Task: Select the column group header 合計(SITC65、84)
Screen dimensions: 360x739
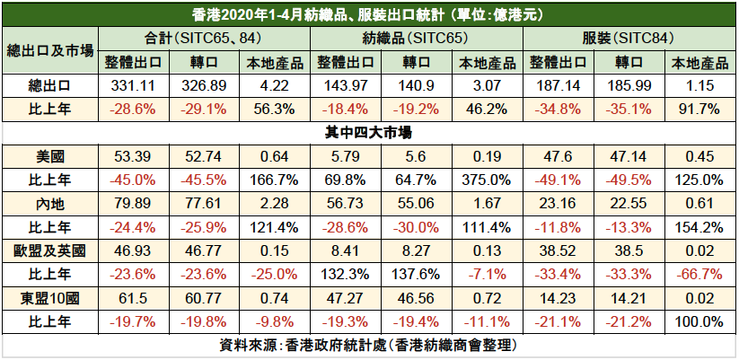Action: pos(203,39)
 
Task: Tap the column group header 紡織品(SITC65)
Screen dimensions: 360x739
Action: pos(417,39)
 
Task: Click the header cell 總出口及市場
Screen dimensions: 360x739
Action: pos(50,50)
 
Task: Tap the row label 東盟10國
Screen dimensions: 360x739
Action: pos(50,297)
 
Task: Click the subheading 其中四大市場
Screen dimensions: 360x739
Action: pos(368,132)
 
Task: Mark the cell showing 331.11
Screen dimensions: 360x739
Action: pos(133,85)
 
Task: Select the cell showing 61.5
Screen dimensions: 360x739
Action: pos(133,297)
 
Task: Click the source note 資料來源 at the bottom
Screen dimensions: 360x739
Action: pos(368,345)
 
